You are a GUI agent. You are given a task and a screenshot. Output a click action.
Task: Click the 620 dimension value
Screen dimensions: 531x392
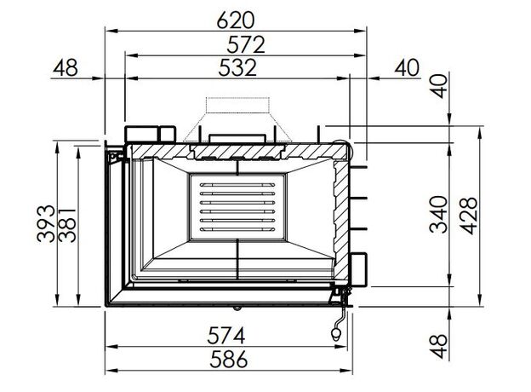(236, 20)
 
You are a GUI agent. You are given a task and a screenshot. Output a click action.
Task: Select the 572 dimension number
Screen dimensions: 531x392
(246, 45)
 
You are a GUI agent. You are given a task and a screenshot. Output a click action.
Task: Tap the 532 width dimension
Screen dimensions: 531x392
(237, 67)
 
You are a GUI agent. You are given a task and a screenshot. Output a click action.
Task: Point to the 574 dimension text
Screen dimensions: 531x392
(226, 336)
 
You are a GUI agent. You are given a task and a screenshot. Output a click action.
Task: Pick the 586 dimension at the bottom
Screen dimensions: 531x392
(229, 359)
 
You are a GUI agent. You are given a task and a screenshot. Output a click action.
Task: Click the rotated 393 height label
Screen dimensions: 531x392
(46, 223)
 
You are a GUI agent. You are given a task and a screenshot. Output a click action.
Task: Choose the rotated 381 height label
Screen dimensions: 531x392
(67, 225)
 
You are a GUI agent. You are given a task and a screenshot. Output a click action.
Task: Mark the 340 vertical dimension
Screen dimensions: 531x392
(438, 214)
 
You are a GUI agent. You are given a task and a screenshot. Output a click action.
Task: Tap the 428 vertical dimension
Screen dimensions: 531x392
(469, 216)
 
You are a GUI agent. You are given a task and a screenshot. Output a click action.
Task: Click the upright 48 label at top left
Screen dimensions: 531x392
(66, 67)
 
